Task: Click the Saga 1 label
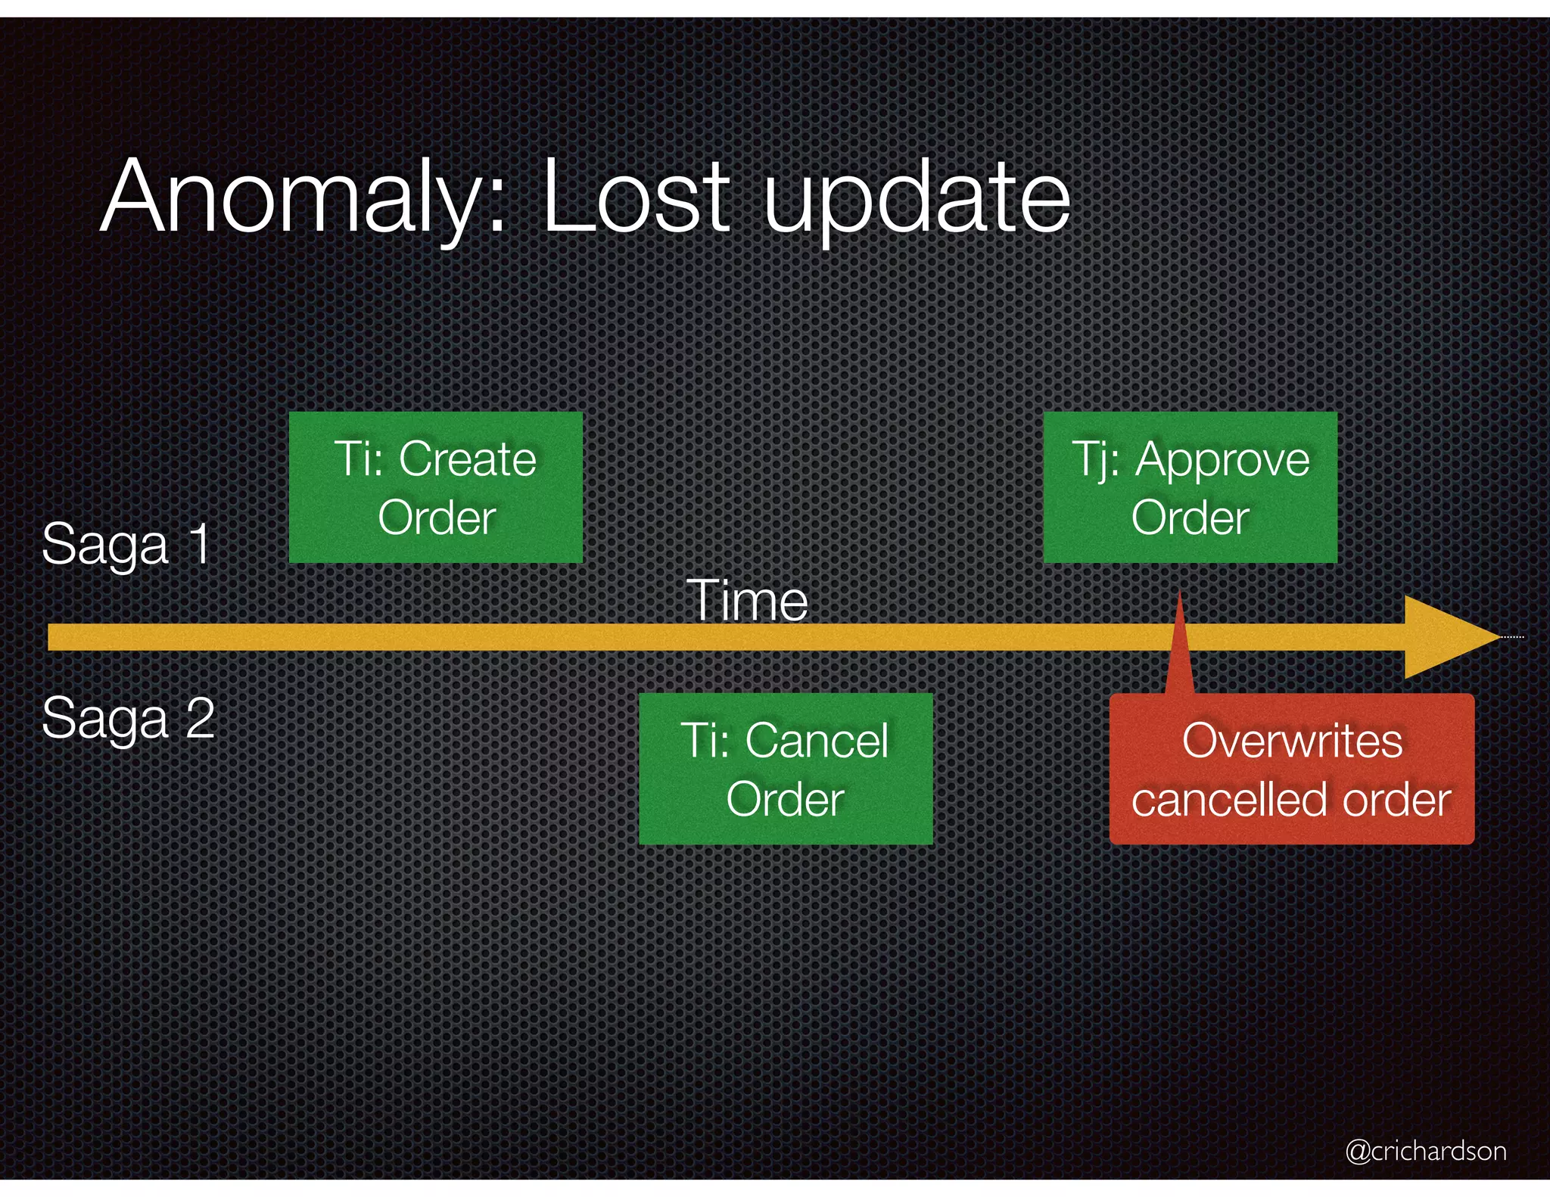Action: pos(126,543)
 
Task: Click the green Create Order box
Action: pos(436,487)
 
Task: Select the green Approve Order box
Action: pos(1190,487)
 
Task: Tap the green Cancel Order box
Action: pos(786,769)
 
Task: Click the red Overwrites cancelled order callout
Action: pos(1291,769)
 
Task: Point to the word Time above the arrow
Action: pos(748,601)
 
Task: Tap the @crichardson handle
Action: pos(1426,1151)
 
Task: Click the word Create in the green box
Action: pos(468,459)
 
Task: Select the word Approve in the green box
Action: pos(1222,460)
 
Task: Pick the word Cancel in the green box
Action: pos(817,740)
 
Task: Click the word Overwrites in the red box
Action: pos(1292,740)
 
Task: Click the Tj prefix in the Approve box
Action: pos(1094,459)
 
